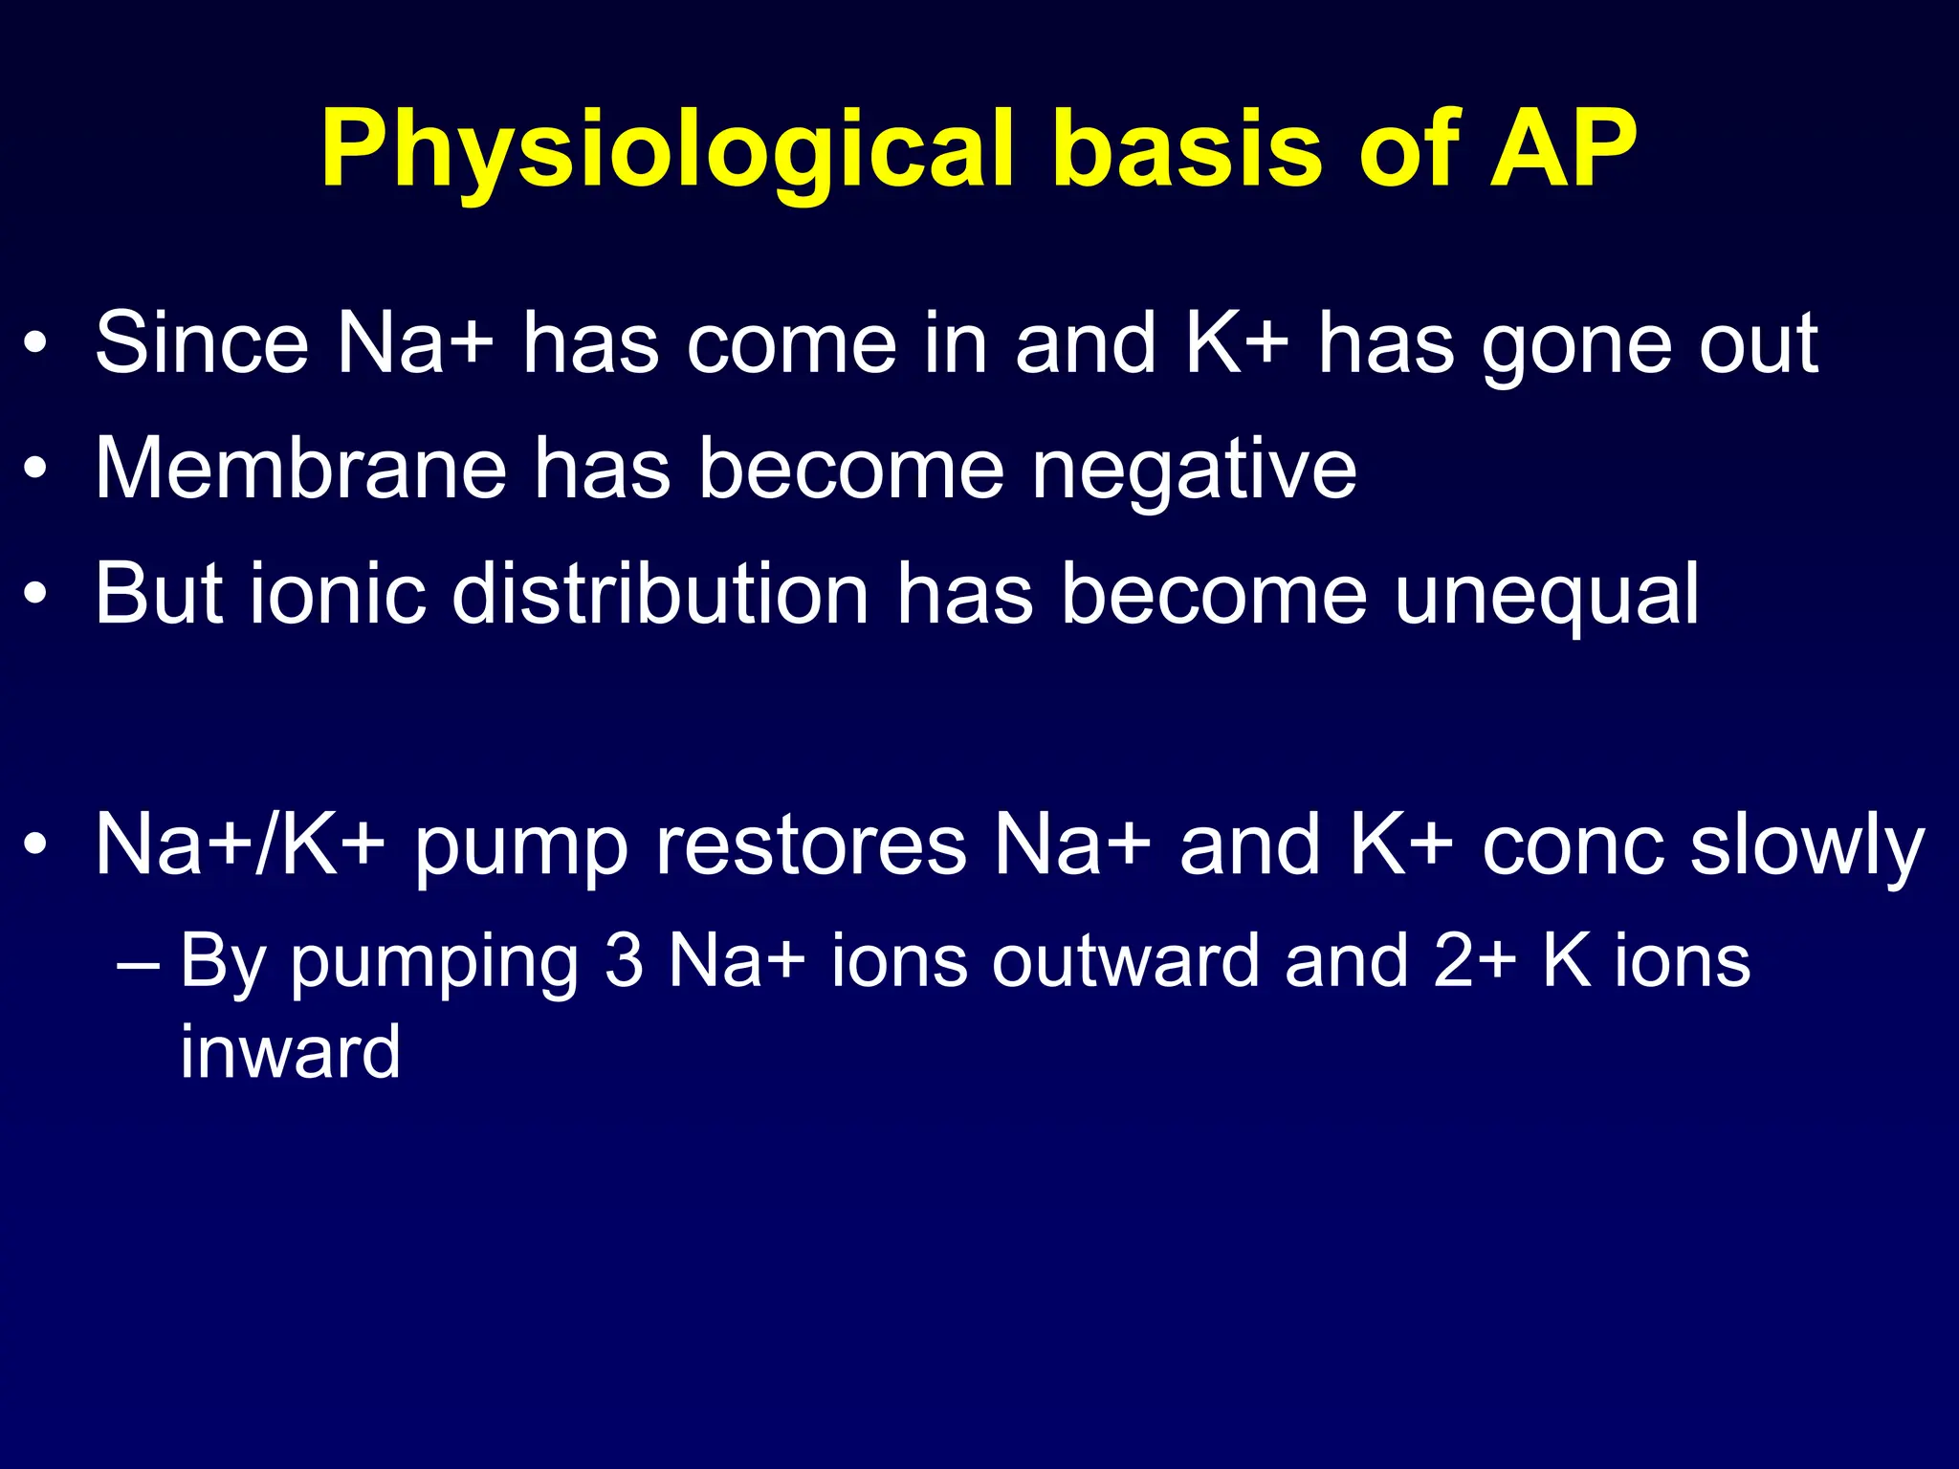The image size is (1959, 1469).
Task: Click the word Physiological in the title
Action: [x=666, y=151]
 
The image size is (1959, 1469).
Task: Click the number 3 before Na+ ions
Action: [x=624, y=960]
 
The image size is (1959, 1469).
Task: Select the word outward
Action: [x=1125, y=960]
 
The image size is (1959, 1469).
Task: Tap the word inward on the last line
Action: [x=291, y=1052]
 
